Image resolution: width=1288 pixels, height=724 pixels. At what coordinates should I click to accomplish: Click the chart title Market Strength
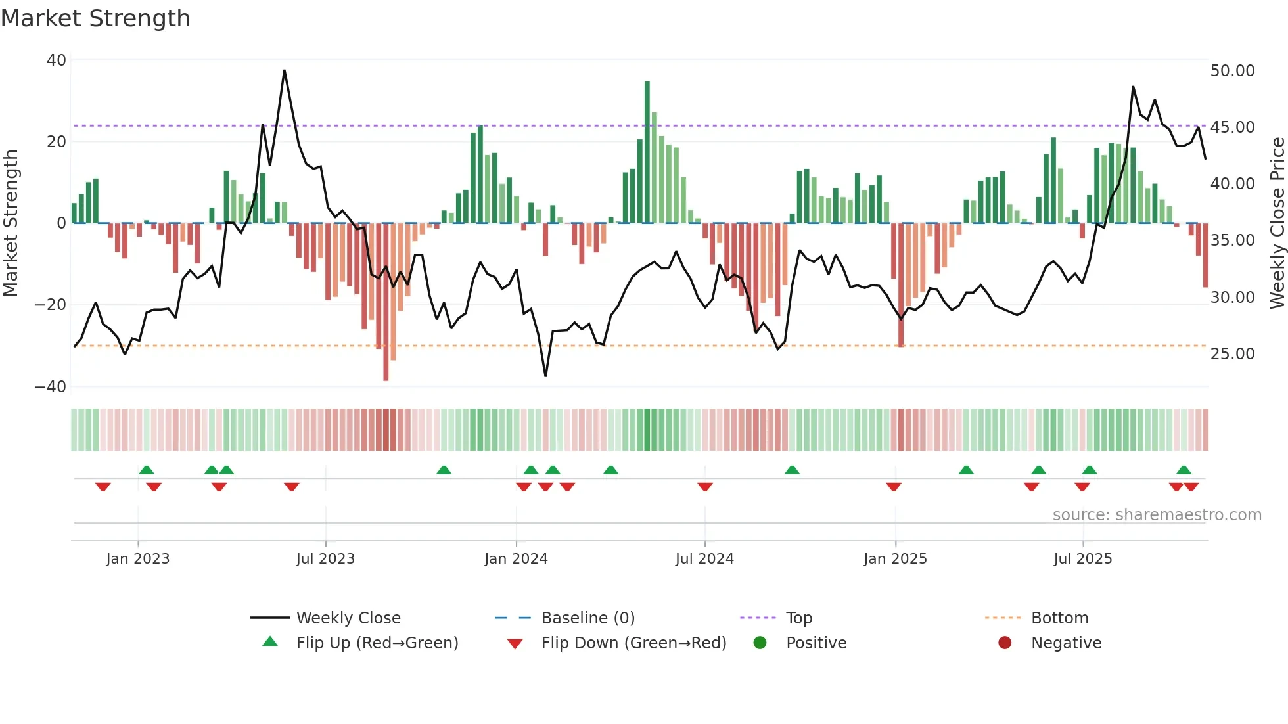click(95, 18)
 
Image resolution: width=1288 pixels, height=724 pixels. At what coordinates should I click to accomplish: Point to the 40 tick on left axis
click(57, 60)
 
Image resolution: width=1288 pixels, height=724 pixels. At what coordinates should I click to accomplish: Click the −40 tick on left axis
click(51, 387)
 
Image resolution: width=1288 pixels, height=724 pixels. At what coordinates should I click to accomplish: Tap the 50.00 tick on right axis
click(1232, 71)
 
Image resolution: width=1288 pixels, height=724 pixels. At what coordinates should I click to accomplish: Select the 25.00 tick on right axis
click(1232, 354)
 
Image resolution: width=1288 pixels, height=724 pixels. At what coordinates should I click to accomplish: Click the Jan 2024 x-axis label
click(516, 559)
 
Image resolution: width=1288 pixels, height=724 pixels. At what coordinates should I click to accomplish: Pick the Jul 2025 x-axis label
click(1082, 559)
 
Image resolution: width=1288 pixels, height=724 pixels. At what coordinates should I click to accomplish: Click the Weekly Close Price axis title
click(1277, 223)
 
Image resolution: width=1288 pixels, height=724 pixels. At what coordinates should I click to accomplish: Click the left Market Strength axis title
click(11, 223)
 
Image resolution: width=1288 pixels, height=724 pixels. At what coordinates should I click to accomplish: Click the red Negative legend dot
click(1005, 643)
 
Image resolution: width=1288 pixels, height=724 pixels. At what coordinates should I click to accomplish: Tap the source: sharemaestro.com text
click(1157, 515)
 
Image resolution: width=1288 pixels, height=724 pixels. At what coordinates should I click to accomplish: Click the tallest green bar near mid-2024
click(647, 151)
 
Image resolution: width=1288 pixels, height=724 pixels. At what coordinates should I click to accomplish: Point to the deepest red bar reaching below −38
click(386, 302)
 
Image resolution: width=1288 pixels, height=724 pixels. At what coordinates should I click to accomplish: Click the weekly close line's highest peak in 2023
click(285, 70)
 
